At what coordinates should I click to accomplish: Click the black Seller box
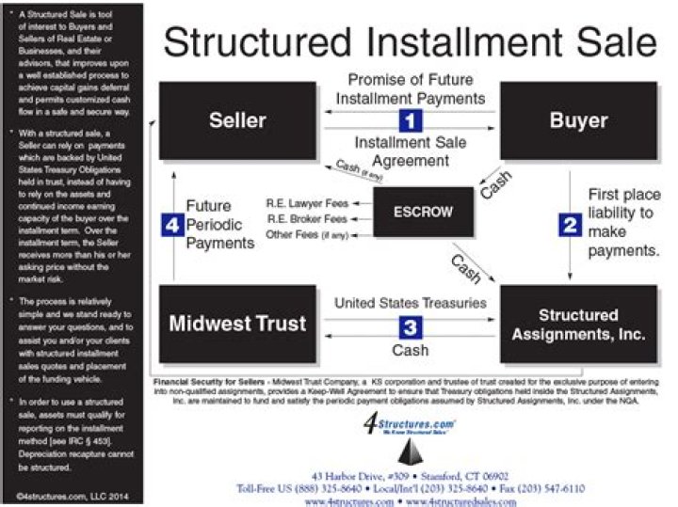coord(236,119)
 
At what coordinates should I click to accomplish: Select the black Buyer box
coord(578,119)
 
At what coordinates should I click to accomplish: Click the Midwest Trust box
coord(236,324)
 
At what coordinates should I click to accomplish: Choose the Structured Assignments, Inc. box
coord(578,324)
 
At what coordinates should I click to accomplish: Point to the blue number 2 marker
coord(570,224)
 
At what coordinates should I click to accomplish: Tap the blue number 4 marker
coord(169,225)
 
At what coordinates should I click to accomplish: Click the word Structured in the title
coord(265,43)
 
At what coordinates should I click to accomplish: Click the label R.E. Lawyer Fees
coord(308,201)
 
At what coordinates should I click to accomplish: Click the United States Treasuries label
coord(411,303)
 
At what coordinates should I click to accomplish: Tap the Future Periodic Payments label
coord(218,224)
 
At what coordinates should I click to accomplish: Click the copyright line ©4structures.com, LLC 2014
coord(73,494)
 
